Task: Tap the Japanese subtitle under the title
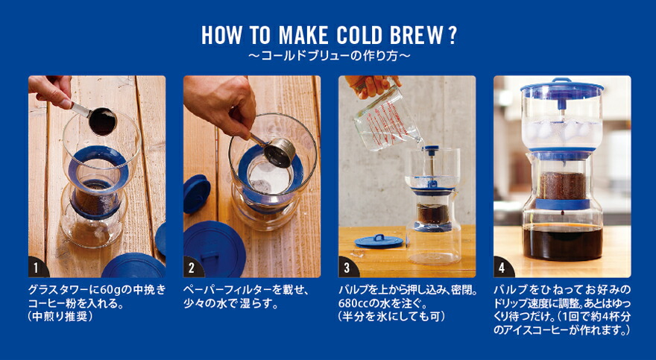[x=328, y=56]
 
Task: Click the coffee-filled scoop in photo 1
[x=101, y=121]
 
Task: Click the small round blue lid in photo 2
[x=196, y=192]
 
